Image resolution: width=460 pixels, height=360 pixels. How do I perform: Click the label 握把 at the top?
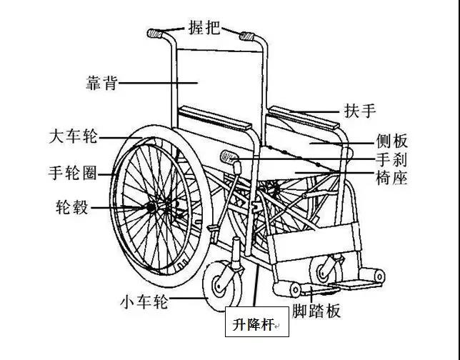(204, 27)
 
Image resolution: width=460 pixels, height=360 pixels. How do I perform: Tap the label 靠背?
(102, 83)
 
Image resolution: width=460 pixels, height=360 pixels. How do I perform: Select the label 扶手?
(360, 111)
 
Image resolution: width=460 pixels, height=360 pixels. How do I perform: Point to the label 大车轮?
(73, 136)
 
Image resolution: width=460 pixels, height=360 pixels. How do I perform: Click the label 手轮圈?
(72, 173)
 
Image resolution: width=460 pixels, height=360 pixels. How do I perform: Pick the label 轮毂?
(72, 207)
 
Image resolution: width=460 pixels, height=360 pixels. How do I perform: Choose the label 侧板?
(392, 141)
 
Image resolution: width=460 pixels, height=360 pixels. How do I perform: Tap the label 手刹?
(392, 159)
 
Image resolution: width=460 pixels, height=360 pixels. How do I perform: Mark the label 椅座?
(392, 178)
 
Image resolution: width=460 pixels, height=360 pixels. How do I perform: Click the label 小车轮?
(144, 301)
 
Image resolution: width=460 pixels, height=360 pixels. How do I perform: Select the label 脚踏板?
(316, 311)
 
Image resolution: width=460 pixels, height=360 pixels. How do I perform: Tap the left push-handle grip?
(154, 34)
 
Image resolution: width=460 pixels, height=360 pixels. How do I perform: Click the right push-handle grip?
(247, 36)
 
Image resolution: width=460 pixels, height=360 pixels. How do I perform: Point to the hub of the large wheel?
(151, 207)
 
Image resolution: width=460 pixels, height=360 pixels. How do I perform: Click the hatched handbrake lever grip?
(229, 156)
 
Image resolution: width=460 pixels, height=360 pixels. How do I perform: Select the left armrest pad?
(215, 118)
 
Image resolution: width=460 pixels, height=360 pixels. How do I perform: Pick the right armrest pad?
(304, 117)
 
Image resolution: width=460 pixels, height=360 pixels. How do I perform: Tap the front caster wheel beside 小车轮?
(222, 286)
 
